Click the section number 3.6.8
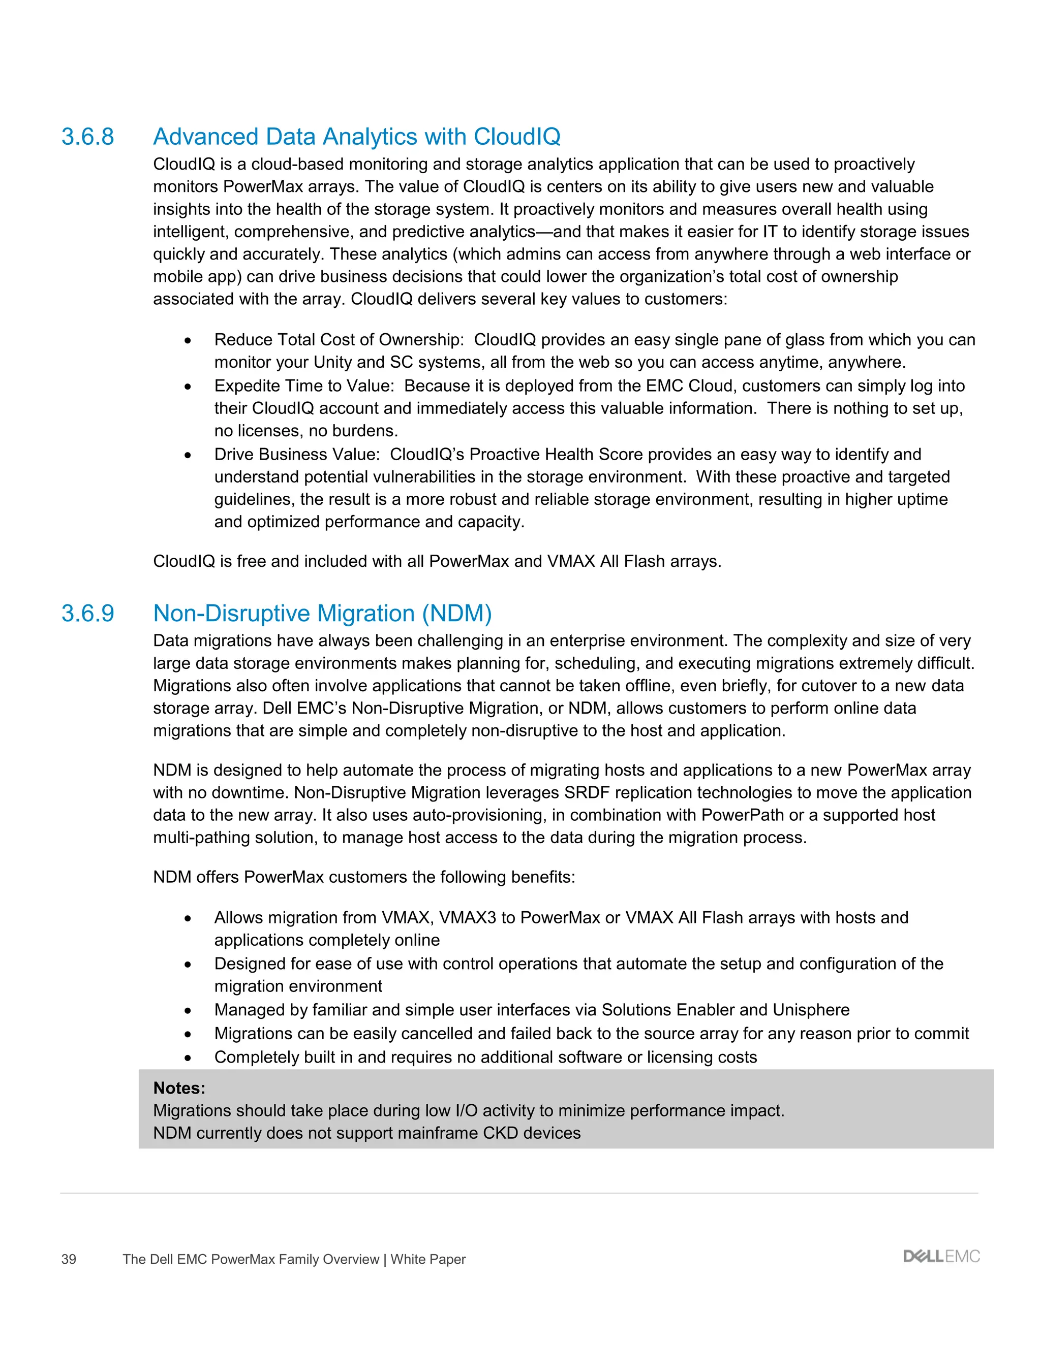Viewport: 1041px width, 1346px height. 87,137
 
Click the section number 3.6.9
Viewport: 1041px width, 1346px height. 87,613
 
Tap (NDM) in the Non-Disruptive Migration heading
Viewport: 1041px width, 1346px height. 456,613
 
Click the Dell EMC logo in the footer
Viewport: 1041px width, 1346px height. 941,1257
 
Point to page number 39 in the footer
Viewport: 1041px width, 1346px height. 69,1259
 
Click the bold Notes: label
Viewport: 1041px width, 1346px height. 179,1088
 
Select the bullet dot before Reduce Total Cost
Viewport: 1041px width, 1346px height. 188,341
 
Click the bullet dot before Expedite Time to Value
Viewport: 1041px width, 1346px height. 188,387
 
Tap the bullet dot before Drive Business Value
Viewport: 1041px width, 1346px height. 188,456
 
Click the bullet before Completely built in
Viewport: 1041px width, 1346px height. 188,1058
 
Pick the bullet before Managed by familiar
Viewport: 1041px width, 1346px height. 188,1011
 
